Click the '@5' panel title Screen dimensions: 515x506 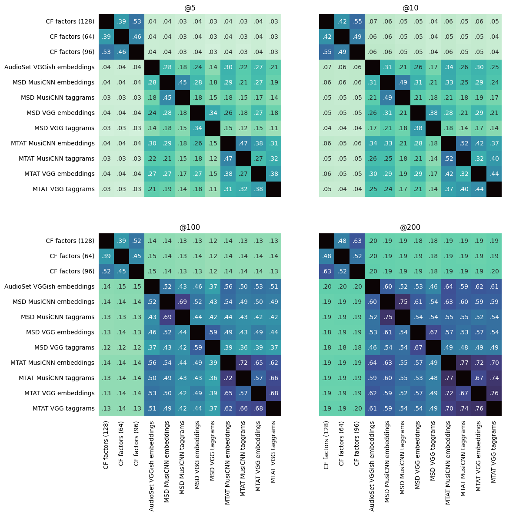coord(190,8)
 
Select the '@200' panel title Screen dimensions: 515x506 coord(410,227)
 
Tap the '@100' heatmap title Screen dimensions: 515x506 coord(190,227)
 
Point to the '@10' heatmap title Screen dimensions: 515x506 coord(410,8)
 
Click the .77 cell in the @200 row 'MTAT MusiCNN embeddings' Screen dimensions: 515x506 coord(463,363)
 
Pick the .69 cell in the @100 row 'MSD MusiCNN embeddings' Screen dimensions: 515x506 coord(182,302)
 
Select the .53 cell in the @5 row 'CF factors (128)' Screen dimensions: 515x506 coord(136,21)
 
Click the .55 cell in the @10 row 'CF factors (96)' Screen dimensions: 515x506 coord(326,52)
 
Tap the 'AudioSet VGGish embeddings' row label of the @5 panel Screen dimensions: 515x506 coord(49,67)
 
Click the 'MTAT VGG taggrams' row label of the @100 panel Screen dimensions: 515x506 coord(63,408)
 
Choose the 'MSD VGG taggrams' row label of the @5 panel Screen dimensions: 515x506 coord(64,128)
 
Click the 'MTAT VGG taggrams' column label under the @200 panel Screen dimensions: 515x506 coord(494,451)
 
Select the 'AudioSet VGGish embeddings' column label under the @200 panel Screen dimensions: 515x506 coord(372,465)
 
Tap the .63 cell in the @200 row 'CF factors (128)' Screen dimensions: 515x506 coord(357,241)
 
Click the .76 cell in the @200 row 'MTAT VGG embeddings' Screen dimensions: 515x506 coord(494,393)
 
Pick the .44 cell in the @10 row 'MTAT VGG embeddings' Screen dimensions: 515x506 coord(494,174)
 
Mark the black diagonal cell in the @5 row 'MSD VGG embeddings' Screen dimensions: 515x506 coord(197,113)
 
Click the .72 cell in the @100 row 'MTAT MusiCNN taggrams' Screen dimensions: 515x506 coord(228,378)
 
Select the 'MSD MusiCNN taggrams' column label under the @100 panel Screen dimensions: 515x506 coord(182,457)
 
